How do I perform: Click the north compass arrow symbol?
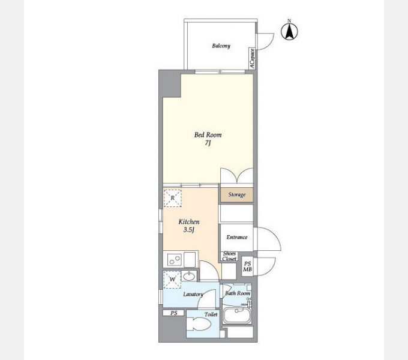(x=289, y=31)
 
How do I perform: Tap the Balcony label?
(x=221, y=46)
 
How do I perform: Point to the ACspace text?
(x=252, y=59)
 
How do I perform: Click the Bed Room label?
(x=208, y=135)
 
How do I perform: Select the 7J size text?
(x=208, y=143)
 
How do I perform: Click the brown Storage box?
(x=237, y=195)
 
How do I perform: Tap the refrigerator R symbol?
(x=173, y=198)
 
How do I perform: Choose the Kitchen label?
(x=189, y=222)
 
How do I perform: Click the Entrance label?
(x=237, y=237)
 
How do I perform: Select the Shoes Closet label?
(x=229, y=256)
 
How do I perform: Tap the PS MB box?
(x=247, y=266)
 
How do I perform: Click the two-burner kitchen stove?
(x=174, y=259)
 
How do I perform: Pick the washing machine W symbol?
(x=172, y=280)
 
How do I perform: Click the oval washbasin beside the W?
(x=189, y=276)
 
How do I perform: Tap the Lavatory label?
(x=193, y=294)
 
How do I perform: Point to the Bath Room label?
(x=238, y=293)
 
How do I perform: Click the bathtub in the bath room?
(x=237, y=316)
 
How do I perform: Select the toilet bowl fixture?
(x=200, y=324)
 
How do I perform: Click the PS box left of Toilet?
(x=173, y=313)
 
